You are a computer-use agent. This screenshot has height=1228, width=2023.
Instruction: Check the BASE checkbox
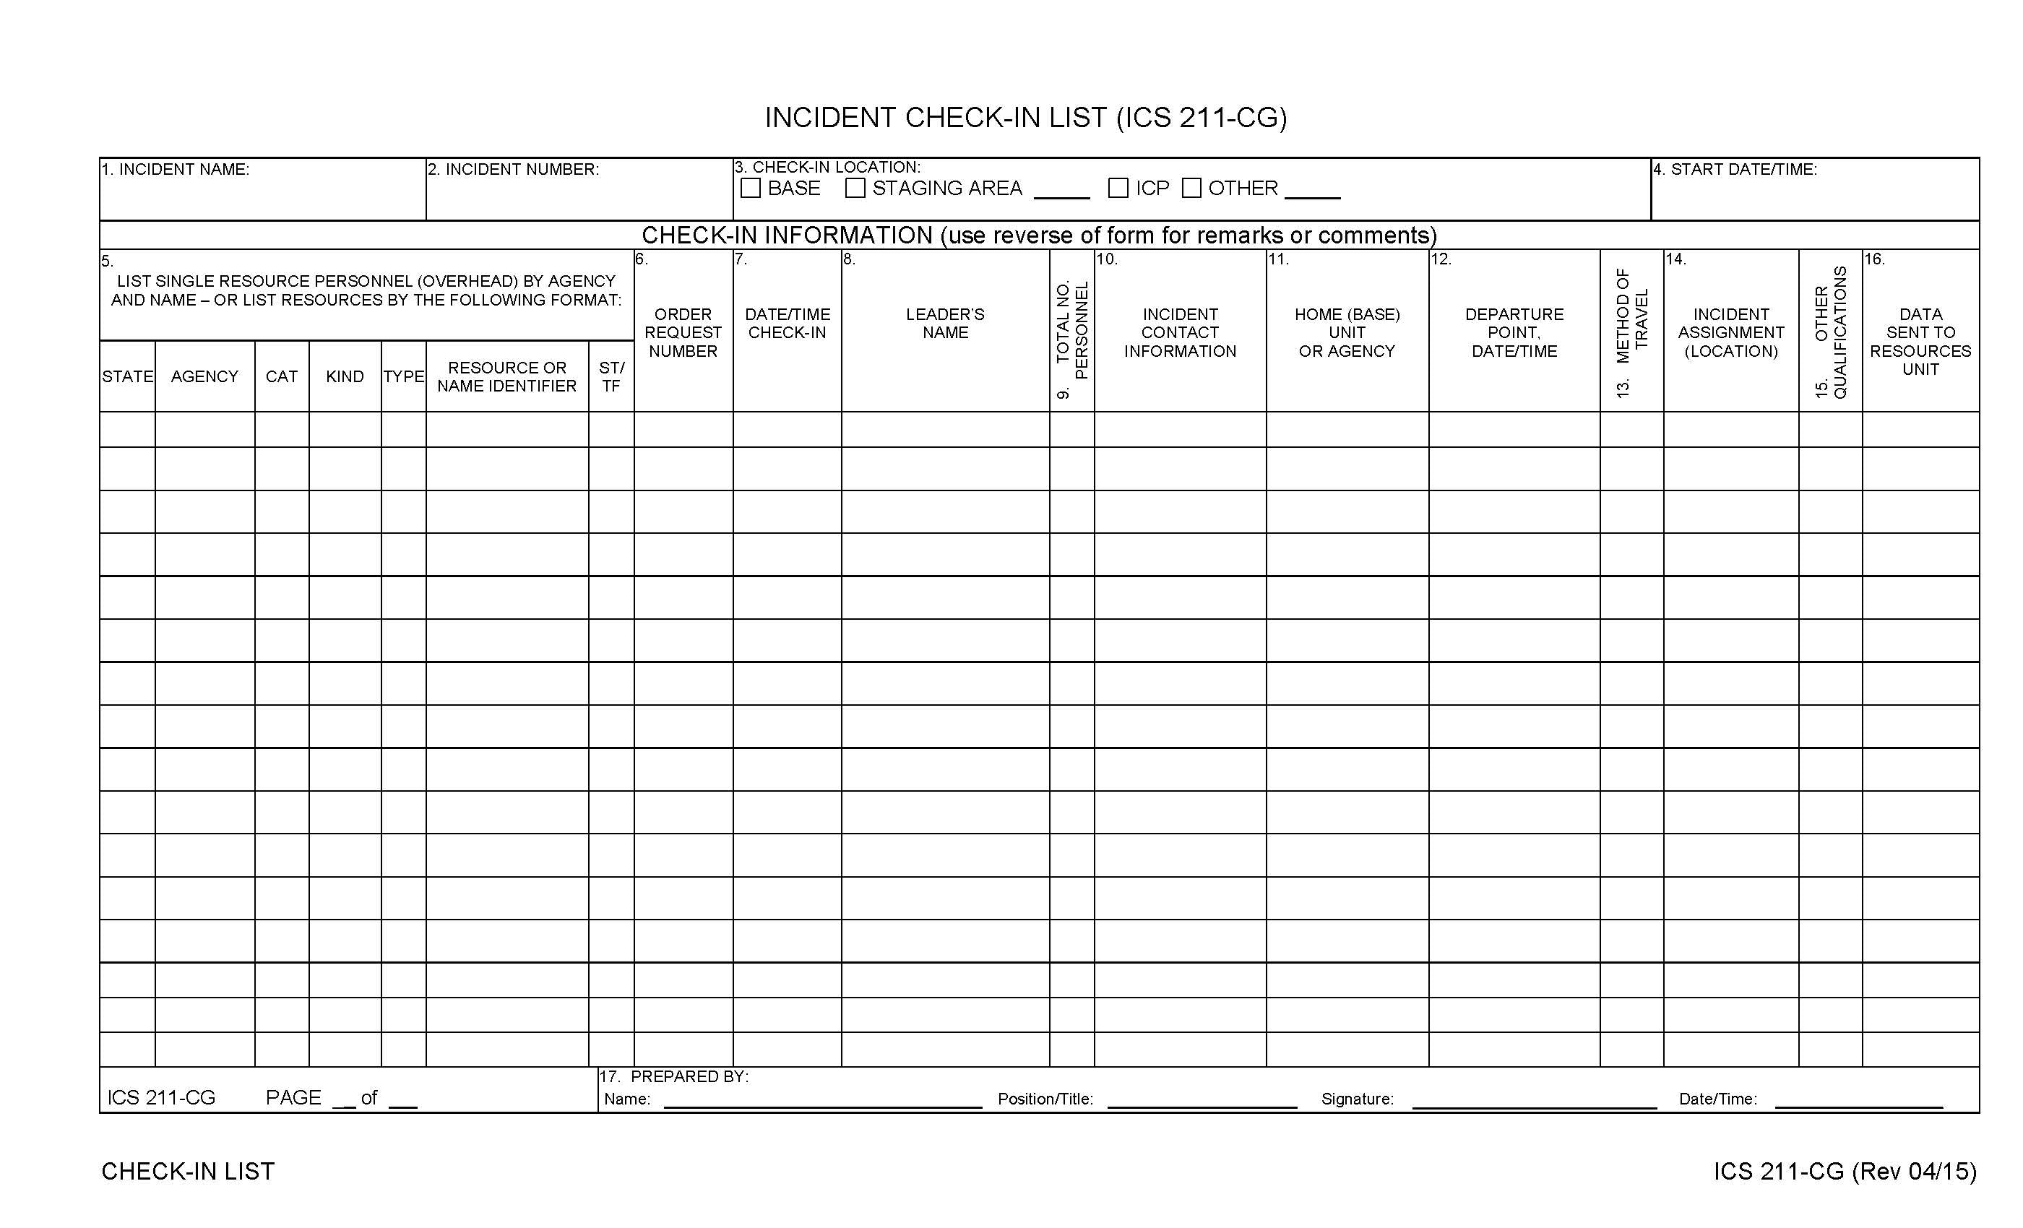click(x=751, y=188)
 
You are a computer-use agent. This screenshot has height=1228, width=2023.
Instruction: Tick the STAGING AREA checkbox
click(x=855, y=188)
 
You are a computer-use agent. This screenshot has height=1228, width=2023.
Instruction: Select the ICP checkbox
click(x=1118, y=188)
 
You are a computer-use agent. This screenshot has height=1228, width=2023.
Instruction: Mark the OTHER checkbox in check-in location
click(x=1191, y=188)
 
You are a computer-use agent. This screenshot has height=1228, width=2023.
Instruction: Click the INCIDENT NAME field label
click(x=176, y=170)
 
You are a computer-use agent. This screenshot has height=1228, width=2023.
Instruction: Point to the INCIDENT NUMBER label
click(x=514, y=170)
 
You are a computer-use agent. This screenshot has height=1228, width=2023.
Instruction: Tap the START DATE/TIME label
click(x=1735, y=170)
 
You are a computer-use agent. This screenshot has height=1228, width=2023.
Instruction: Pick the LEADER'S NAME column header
click(x=945, y=324)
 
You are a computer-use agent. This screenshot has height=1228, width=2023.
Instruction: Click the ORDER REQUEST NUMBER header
click(x=683, y=332)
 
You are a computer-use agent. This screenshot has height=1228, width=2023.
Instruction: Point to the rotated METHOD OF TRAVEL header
click(x=1631, y=332)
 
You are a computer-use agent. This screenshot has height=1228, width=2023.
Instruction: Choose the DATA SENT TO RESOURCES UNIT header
click(x=1920, y=342)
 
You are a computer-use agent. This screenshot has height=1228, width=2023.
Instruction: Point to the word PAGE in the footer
click(x=293, y=1098)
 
